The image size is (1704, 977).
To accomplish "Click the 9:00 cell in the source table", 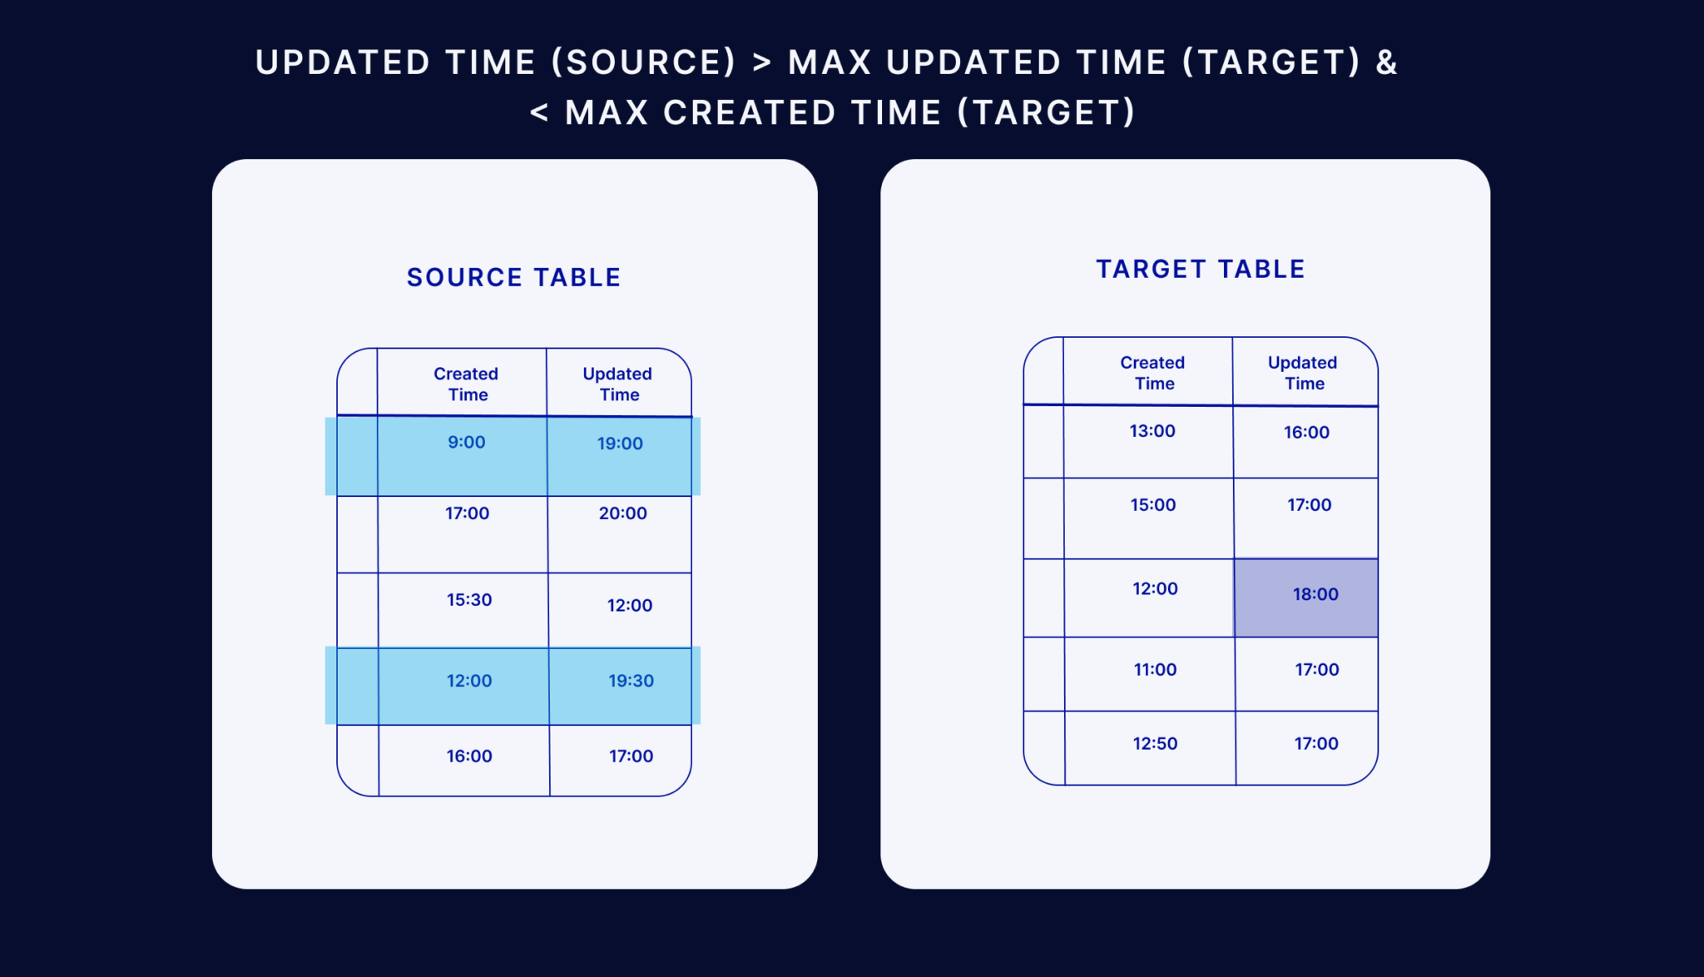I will (466, 443).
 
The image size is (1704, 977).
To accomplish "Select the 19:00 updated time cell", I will (620, 444).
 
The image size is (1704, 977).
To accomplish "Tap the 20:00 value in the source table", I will (622, 513).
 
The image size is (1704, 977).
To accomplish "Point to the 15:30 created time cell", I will (469, 600).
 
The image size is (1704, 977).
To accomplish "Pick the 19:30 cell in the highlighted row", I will (631, 681).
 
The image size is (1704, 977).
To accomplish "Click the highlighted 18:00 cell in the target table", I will (1315, 594).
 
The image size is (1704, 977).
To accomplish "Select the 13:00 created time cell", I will (1152, 431).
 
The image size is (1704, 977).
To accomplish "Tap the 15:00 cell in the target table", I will (1152, 505).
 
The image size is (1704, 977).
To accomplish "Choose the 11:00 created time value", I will (1155, 670).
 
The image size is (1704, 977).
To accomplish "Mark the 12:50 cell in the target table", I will (1155, 744).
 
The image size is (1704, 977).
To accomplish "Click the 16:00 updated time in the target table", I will (1306, 433).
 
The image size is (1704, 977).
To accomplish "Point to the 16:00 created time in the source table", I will (469, 756).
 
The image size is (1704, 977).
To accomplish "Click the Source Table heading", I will (513, 277).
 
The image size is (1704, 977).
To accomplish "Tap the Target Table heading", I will (1200, 269).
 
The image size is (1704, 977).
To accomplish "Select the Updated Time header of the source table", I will (617, 384).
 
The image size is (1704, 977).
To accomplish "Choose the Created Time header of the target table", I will (1152, 373).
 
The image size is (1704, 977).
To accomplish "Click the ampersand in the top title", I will (1386, 62).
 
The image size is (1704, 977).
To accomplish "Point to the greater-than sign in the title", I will (761, 62).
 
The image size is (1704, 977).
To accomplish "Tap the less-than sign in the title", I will (539, 112).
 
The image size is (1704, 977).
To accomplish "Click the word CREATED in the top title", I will (749, 112).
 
